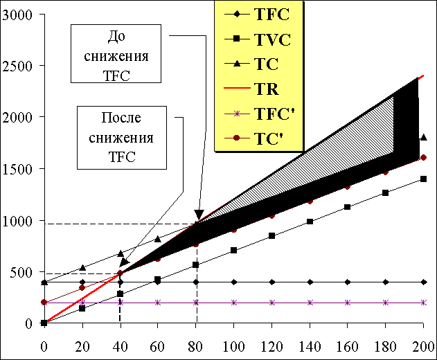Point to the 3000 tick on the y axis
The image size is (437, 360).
coord(18,15)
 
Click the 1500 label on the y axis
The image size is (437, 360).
coord(18,169)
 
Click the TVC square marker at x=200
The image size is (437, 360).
coord(423,179)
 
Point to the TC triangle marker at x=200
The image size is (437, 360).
coord(423,138)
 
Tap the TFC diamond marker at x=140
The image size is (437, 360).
coord(310,282)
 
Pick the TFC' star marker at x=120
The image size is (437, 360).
coord(272,303)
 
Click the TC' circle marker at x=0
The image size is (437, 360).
coord(44,303)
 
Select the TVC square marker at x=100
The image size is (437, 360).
coord(234,250)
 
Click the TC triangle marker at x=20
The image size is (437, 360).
coord(82,267)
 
